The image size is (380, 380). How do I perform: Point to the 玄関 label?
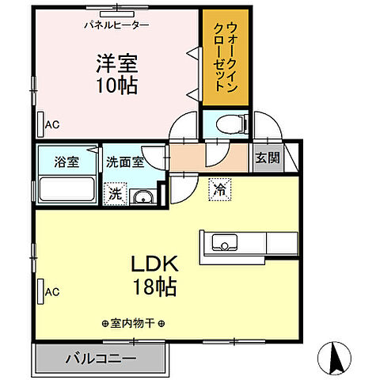pyautogui.click(x=267, y=157)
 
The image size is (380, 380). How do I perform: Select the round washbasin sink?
pyautogui.click(x=142, y=197)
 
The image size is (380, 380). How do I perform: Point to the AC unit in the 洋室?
pyautogui.click(x=40, y=124)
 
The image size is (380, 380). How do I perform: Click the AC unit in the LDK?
pyautogui.click(x=40, y=291)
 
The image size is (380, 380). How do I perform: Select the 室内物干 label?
pyautogui.click(x=133, y=323)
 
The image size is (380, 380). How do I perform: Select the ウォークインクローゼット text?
pyautogui.click(x=225, y=54)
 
